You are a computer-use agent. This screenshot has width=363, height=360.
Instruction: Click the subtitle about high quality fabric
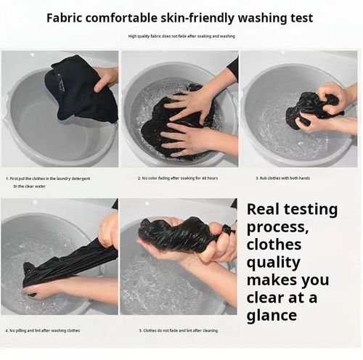pos(181,36)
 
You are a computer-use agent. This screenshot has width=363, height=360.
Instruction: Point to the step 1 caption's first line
pos(48,179)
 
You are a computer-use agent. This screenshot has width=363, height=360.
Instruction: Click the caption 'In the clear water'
pos(30,187)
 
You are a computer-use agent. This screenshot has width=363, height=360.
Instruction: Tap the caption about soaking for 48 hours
pos(178,179)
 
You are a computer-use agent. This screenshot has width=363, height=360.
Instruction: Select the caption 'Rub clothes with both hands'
pos(282,179)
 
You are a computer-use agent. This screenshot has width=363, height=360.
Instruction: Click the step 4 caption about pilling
pos(43,330)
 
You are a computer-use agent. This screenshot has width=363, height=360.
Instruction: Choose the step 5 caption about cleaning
pos(179,330)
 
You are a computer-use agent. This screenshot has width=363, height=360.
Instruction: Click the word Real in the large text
pos(263,209)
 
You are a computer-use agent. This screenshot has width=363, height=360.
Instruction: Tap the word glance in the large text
pos(272,316)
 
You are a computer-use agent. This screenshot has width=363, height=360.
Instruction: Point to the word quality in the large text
pos(274,263)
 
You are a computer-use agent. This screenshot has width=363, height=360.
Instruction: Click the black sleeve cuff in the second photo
pos(233,66)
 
